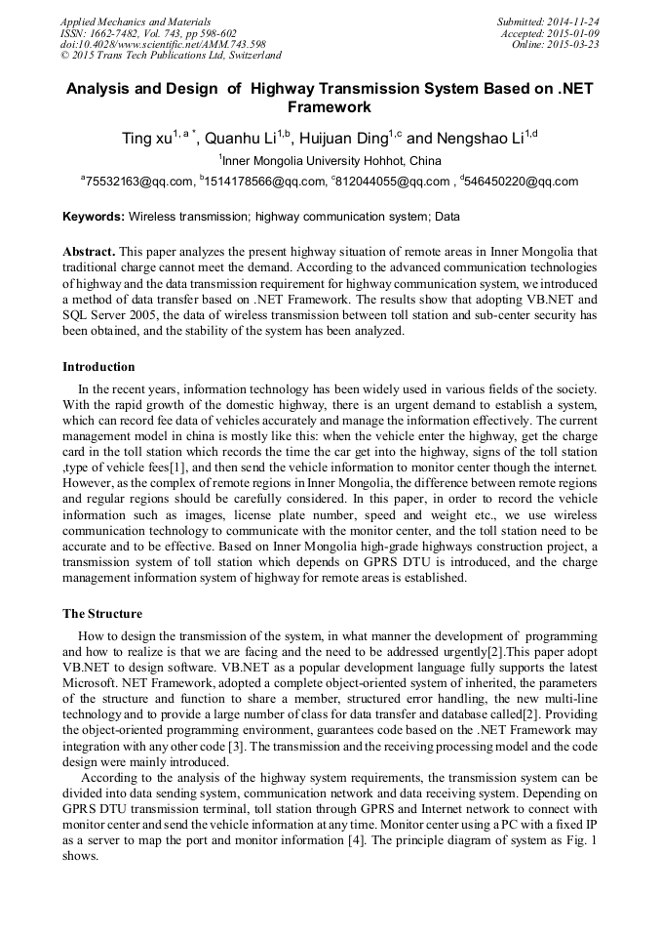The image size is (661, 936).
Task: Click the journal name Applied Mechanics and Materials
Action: pyautogui.click(x=136, y=20)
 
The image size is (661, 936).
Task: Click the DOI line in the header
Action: pyautogui.click(x=163, y=44)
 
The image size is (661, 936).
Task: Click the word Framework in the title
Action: pyautogui.click(x=330, y=107)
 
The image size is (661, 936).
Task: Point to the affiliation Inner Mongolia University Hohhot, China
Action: pyautogui.click(x=331, y=161)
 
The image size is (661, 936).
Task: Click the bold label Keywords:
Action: pyautogui.click(x=94, y=217)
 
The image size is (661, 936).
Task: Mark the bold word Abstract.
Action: pyautogui.click(x=90, y=252)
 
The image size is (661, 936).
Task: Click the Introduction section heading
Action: pyautogui.click(x=98, y=367)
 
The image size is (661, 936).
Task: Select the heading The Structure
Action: pyautogui.click(x=102, y=614)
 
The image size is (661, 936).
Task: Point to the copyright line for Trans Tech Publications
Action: pyautogui.click(x=171, y=56)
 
